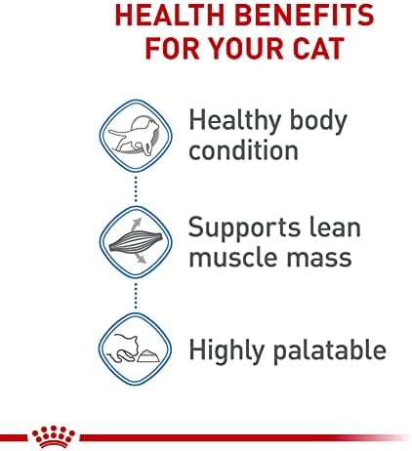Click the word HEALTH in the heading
click(170, 15)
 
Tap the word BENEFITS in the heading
click(305, 15)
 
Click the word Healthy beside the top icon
click(235, 121)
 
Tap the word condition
click(243, 150)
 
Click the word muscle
click(233, 257)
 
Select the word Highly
click(227, 351)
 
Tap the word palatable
click(330, 349)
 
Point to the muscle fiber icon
click(136, 242)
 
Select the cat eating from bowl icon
click(135, 348)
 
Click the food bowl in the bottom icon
click(148, 356)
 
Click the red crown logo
click(54, 436)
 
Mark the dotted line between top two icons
click(136, 189)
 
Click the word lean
click(335, 226)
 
